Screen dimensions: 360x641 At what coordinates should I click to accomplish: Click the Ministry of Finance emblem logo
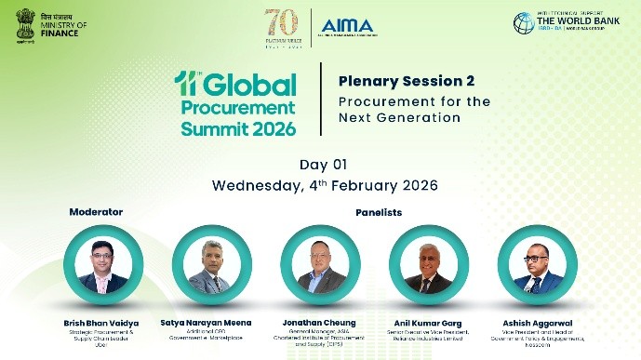click(24, 24)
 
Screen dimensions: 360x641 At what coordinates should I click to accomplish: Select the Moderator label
click(96, 212)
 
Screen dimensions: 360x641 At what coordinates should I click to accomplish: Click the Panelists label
click(378, 212)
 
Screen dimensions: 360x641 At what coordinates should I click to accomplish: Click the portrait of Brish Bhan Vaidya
click(102, 266)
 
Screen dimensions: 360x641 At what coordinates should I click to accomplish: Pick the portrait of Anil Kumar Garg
click(428, 266)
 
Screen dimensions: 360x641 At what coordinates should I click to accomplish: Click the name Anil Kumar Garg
click(428, 322)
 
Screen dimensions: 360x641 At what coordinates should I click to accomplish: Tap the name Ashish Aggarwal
click(538, 322)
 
